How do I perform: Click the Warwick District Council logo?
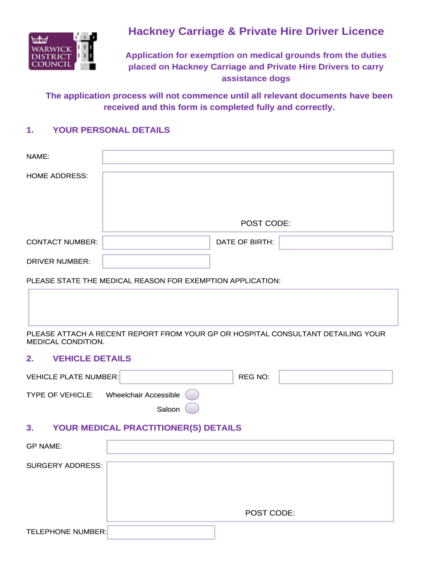pos(63,51)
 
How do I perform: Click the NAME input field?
pos(247,157)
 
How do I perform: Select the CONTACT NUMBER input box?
pos(156,243)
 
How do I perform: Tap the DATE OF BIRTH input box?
pos(336,243)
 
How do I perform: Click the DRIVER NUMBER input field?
pos(156,261)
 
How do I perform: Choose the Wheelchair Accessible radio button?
pos(192,395)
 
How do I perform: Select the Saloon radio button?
pos(192,409)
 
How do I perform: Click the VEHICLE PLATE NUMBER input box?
pos(176,377)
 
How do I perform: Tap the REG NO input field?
pos(336,377)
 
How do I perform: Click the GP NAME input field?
pos(250,447)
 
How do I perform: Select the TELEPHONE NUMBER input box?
pos(161,532)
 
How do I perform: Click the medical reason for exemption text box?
pos(213,307)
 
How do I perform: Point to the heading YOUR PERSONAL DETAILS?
pos(111,130)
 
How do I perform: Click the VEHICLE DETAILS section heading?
pos(92,359)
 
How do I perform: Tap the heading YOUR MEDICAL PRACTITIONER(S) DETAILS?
pos(147,428)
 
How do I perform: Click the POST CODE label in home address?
pos(265,224)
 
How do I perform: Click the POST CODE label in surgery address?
pos(270,514)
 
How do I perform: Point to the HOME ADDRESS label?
pos(57,176)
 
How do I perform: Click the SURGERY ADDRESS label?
pos(64,466)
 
